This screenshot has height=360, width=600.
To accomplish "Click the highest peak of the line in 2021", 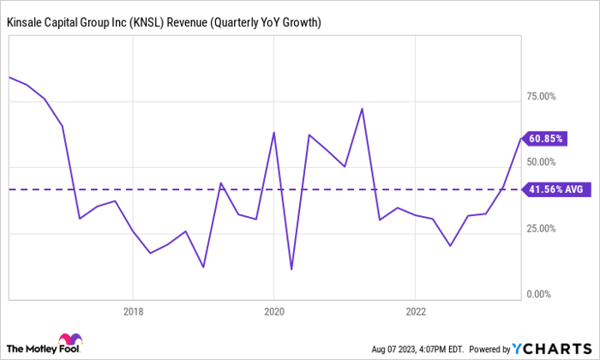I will (362, 109).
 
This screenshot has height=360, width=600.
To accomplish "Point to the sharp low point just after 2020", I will (291, 269).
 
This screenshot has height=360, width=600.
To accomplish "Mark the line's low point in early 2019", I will (203, 267).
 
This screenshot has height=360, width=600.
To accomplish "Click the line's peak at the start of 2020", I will (273, 132).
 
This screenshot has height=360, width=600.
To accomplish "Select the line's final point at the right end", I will (519, 139).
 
